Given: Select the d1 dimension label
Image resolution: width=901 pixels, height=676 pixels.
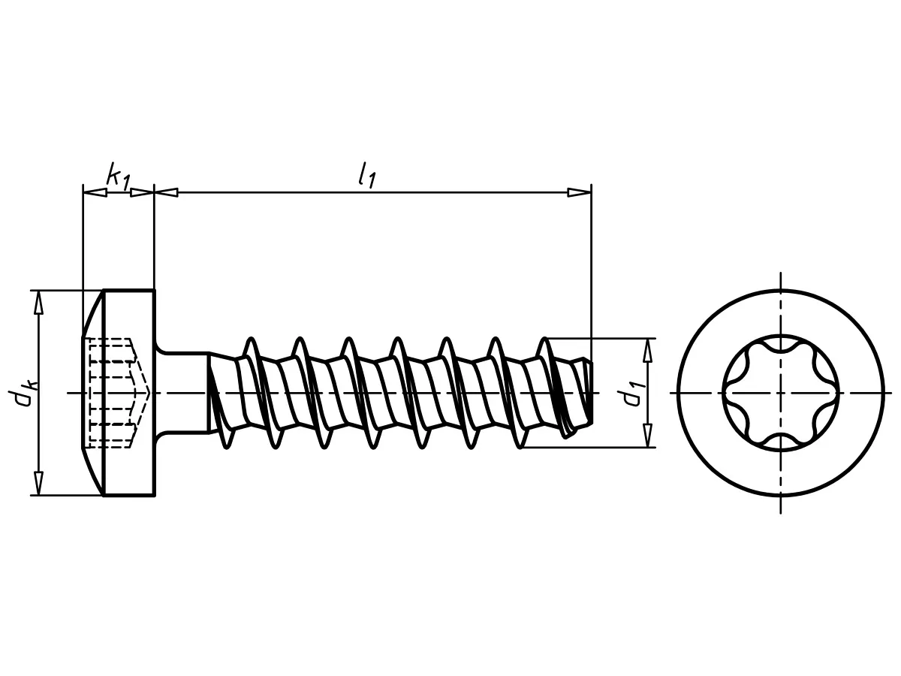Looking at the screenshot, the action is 632,393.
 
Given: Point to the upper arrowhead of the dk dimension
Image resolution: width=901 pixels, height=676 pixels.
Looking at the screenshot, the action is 38,302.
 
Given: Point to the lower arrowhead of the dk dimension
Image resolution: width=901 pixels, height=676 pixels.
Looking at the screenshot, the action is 38,484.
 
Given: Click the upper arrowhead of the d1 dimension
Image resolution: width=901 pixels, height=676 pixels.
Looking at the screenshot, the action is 647,350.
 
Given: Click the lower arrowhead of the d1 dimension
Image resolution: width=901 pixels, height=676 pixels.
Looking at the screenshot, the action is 647,436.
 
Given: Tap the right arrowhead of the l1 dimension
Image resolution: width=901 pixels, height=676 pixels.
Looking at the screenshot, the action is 579,192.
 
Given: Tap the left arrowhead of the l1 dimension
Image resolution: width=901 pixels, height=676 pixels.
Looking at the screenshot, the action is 166,192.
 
